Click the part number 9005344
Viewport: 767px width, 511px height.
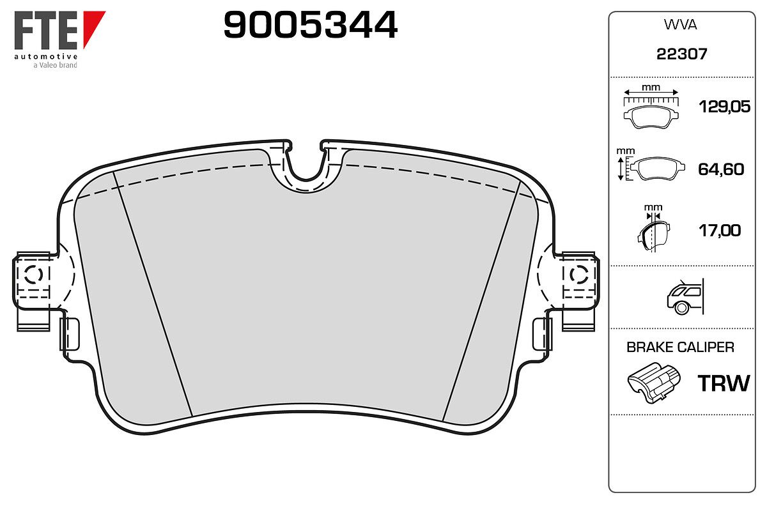[x=310, y=25]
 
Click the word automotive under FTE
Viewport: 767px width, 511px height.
[x=46, y=56]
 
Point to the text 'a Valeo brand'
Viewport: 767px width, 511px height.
[x=55, y=65]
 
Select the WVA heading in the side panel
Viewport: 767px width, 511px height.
[x=680, y=25]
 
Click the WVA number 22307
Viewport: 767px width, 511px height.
[x=681, y=54]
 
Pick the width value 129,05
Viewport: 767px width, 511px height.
[x=724, y=107]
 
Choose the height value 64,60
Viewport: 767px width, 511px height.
[x=721, y=169]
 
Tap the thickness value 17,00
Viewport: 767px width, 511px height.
[x=720, y=231]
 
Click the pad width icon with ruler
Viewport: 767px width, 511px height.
[x=651, y=109]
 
